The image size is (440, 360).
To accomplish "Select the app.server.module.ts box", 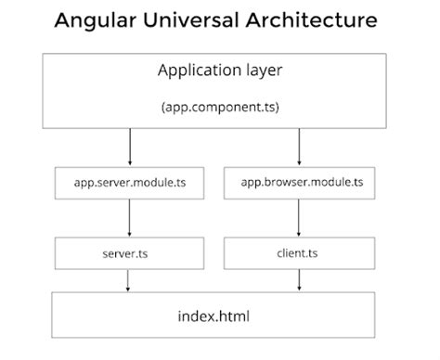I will tap(129, 183).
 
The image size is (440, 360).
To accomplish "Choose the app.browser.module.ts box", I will tap(299, 183).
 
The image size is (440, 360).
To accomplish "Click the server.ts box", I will tap(129, 251).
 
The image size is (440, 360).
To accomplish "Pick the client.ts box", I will tap(299, 251).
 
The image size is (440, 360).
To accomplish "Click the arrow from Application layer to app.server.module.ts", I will tap(129, 146).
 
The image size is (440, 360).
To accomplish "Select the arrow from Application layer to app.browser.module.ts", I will tap(299, 146).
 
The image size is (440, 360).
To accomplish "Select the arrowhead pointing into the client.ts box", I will tap(299, 233).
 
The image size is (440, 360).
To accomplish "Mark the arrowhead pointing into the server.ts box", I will tap(129, 233).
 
